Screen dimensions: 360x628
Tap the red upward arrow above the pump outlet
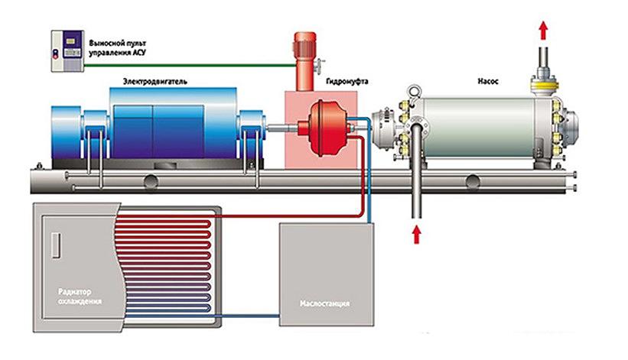[x=543, y=30]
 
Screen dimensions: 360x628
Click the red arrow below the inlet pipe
[x=418, y=233]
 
